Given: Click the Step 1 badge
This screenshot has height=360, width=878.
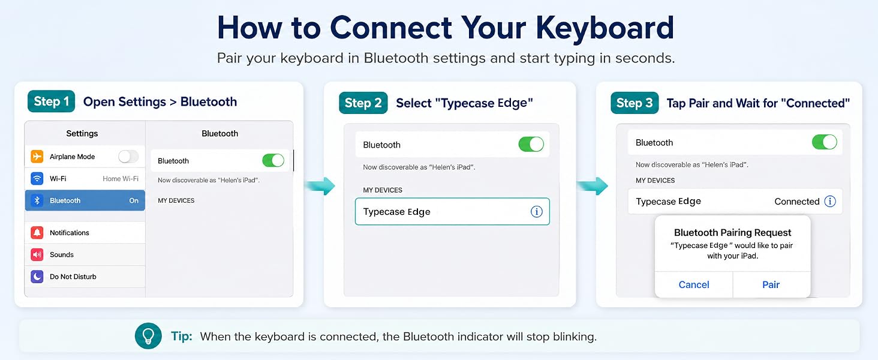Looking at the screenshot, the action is pos(51,101).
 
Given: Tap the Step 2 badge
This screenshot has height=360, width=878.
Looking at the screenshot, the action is pos(363,103).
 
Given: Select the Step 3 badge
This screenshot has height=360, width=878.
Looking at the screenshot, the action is pos(634,103).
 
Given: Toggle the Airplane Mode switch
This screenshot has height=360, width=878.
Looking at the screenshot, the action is pos(128,157).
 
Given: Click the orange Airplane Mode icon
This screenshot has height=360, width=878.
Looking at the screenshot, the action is pos(37,157).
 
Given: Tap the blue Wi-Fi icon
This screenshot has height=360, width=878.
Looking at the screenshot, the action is pos(37,178).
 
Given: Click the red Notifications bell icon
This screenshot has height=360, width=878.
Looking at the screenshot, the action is pos(37,233).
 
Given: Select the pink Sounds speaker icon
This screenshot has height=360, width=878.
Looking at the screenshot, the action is pos(37,254).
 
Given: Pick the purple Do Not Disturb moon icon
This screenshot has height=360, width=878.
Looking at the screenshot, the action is pos(37,277).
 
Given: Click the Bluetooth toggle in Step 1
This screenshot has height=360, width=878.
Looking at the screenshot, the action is pos(273,160).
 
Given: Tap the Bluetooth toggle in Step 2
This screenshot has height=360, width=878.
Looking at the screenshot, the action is pos(531,145).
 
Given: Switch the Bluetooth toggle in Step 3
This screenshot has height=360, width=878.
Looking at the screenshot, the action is pos(824,142).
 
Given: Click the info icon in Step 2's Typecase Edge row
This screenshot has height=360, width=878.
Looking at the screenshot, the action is pos(537,212).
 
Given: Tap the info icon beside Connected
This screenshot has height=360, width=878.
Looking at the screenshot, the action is pos(830,201).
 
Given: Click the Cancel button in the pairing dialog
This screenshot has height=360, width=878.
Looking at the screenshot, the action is pos(694,285).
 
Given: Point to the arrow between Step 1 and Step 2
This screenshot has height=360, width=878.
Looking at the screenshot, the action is pos(320,185).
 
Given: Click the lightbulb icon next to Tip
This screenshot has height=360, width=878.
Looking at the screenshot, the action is pos(148,336).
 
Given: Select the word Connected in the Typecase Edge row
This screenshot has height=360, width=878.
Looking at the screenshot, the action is pos(797,202).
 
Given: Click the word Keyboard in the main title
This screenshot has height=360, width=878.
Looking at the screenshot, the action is pos(605,28).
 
